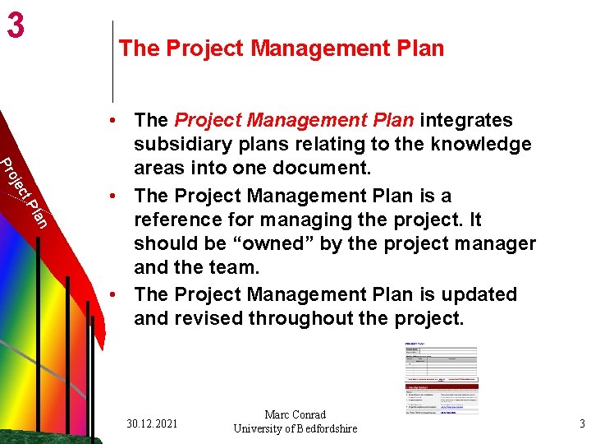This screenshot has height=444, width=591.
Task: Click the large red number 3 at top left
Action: coord(16,26)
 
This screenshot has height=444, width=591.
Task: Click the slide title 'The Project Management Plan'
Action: coord(281,49)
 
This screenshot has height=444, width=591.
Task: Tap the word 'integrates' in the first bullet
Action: coord(466,121)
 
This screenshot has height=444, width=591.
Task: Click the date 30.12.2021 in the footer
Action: coord(153,423)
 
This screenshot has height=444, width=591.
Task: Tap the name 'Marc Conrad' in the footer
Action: coord(295,415)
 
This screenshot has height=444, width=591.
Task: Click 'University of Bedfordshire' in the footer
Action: coord(295,428)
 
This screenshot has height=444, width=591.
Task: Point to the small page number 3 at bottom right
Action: coord(581,424)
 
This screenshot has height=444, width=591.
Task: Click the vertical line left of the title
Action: coord(112,62)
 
